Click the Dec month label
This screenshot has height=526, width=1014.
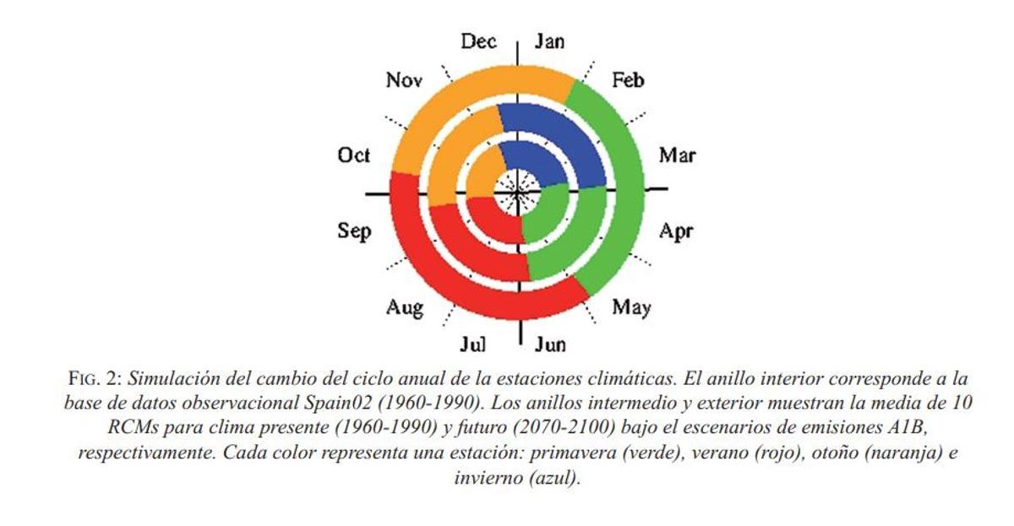(x=478, y=41)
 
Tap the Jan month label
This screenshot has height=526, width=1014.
(x=549, y=41)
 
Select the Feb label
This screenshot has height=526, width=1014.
(x=627, y=80)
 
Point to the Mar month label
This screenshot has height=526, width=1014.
(x=677, y=155)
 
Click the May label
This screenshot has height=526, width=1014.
(x=631, y=306)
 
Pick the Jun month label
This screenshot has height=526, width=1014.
(x=550, y=344)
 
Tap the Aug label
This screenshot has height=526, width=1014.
(x=404, y=306)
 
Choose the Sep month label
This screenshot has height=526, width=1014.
(x=354, y=230)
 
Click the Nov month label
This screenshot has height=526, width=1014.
(x=404, y=80)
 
